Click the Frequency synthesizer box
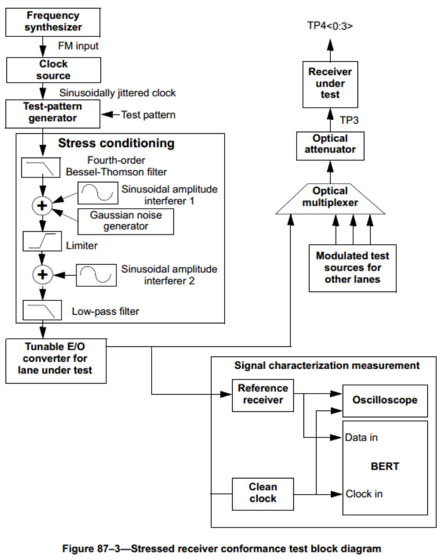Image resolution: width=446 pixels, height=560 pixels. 53,22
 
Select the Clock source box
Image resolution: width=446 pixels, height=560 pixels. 53,70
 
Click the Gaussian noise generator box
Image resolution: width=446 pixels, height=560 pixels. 126,221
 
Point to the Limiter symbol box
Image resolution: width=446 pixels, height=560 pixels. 42,241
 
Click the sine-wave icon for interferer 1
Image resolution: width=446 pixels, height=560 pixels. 98,193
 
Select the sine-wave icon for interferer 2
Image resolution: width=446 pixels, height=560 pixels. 96,275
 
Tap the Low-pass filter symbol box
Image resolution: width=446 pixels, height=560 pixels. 42,310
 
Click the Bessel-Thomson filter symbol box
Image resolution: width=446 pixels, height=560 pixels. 40,168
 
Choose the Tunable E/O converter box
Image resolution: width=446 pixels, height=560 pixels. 55,361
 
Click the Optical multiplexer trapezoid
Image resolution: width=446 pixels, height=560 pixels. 330,199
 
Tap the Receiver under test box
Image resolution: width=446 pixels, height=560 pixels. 330,84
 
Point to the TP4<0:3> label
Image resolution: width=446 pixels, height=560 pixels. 330,26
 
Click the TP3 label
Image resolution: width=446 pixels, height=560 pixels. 349,121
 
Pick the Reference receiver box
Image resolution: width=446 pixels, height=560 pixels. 263,395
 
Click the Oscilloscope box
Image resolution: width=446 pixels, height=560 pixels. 384,401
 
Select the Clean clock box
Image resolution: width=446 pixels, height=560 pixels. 263,494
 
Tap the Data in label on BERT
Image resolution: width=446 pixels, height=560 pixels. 361,437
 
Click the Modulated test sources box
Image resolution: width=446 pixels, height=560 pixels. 352,268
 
